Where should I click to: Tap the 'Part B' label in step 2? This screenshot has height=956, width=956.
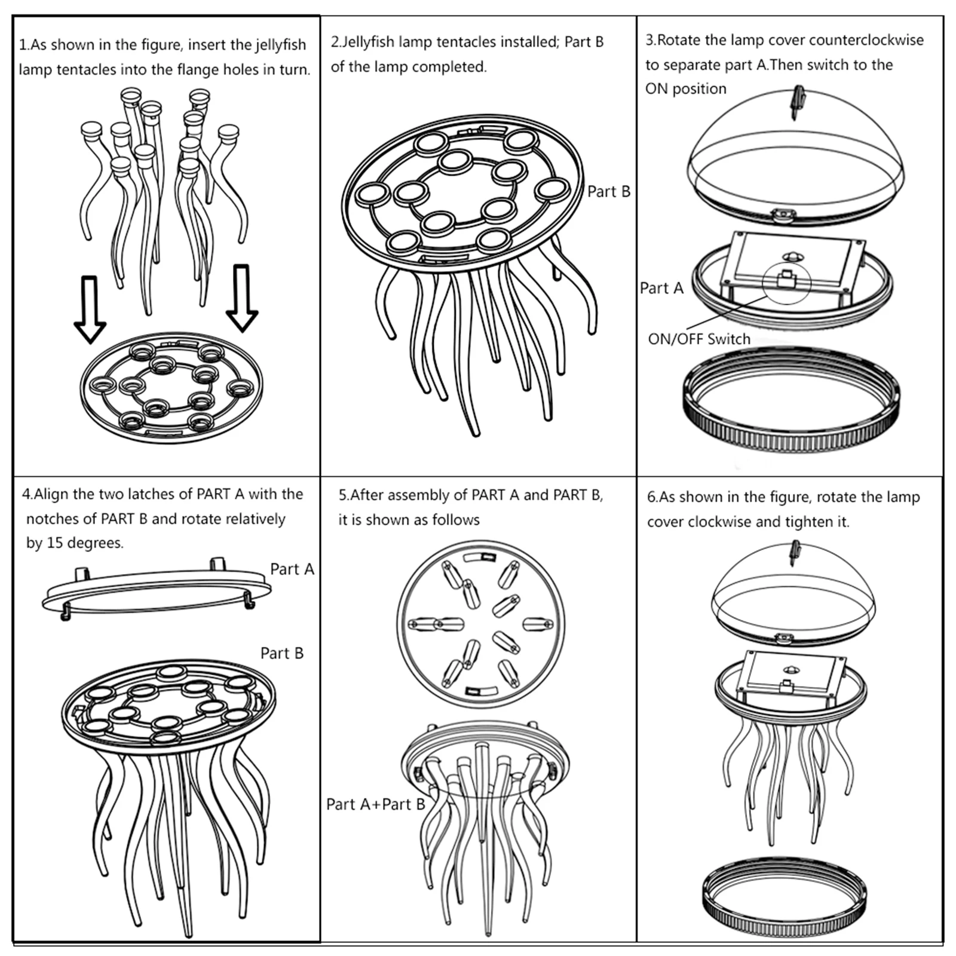tap(608, 192)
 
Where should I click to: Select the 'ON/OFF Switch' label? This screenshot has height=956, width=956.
tap(698, 339)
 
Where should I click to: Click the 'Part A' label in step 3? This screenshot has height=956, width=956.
tap(661, 288)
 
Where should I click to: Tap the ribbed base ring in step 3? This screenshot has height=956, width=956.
tap(790, 430)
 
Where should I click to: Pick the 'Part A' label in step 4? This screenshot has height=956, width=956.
tap(292, 569)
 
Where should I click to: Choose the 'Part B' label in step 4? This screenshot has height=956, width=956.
tap(281, 654)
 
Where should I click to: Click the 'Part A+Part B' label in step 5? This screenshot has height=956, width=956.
tap(375, 805)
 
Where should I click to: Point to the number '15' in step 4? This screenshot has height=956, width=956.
tap(55, 543)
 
